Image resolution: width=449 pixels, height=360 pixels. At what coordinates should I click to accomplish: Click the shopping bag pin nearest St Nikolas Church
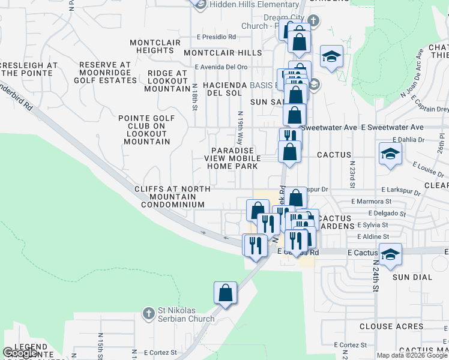pyautogui.click(x=225, y=293)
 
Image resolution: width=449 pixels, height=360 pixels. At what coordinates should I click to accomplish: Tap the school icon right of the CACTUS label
pyautogui.click(x=390, y=154)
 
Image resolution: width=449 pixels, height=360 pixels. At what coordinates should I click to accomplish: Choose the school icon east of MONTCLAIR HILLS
pyautogui.click(x=331, y=56)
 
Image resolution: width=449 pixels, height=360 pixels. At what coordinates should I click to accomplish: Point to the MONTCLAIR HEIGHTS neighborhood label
pyautogui.click(x=155, y=46)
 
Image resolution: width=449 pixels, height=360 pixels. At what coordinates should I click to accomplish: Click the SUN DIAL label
pyautogui.click(x=409, y=277)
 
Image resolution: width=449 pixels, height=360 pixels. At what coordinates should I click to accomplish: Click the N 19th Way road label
pyautogui.click(x=240, y=128)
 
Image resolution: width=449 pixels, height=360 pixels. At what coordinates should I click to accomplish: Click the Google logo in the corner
pyautogui.click(x=20, y=353)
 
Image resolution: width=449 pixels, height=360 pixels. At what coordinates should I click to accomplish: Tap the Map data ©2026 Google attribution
pyautogui.click(x=412, y=355)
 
